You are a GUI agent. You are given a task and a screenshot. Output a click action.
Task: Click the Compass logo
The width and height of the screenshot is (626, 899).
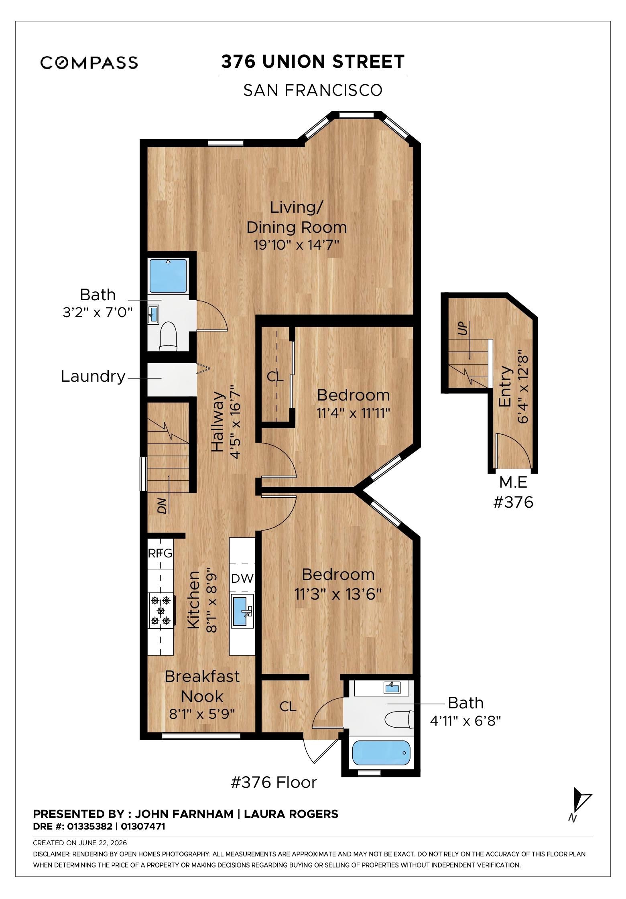[x=89, y=62]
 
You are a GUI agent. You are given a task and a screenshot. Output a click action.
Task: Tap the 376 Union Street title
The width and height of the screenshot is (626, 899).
[x=313, y=61]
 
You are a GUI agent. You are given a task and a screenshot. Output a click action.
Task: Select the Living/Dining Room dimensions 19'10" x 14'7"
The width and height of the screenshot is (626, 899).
[x=297, y=244]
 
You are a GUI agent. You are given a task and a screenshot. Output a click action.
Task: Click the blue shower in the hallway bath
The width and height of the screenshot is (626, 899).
[x=168, y=276]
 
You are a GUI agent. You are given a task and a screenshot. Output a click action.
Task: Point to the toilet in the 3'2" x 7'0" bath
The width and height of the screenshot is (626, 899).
[x=168, y=335]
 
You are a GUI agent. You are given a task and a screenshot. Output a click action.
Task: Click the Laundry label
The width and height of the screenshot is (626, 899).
[x=93, y=377]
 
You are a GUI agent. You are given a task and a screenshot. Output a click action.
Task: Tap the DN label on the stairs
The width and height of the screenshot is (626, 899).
[x=162, y=508]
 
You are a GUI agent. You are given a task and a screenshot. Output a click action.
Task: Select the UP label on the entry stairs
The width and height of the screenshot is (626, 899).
[x=463, y=329]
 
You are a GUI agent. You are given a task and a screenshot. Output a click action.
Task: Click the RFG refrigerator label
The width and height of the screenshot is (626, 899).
[x=160, y=553]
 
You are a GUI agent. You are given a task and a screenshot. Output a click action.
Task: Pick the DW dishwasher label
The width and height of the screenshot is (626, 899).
[x=242, y=578]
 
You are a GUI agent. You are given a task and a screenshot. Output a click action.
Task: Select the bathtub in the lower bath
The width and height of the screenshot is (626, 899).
[x=381, y=753]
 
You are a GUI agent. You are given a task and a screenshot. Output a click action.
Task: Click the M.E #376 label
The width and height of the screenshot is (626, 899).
[x=513, y=492]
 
